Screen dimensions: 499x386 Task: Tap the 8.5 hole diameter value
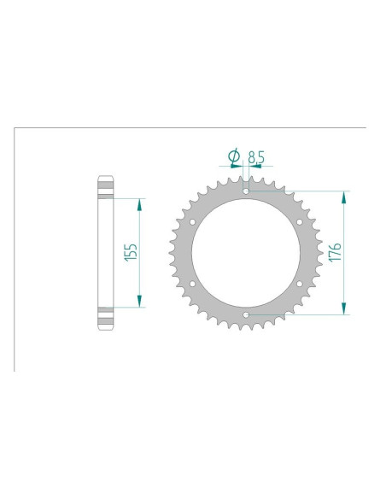point(256,156)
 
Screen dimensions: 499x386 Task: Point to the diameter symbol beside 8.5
point(233,156)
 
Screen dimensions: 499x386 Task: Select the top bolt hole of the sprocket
point(246,191)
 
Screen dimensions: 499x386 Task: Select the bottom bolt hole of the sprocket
point(246,315)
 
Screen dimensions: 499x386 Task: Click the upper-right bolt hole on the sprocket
point(300,221)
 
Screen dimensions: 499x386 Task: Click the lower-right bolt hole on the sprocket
point(300,284)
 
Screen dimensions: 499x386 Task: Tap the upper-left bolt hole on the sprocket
point(192,221)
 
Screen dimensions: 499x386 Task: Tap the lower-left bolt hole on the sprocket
point(192,284)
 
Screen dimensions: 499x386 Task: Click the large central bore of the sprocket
point(246,253)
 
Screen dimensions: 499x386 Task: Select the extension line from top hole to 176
point(299,191)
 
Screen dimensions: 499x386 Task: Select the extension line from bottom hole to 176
point(299,315)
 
